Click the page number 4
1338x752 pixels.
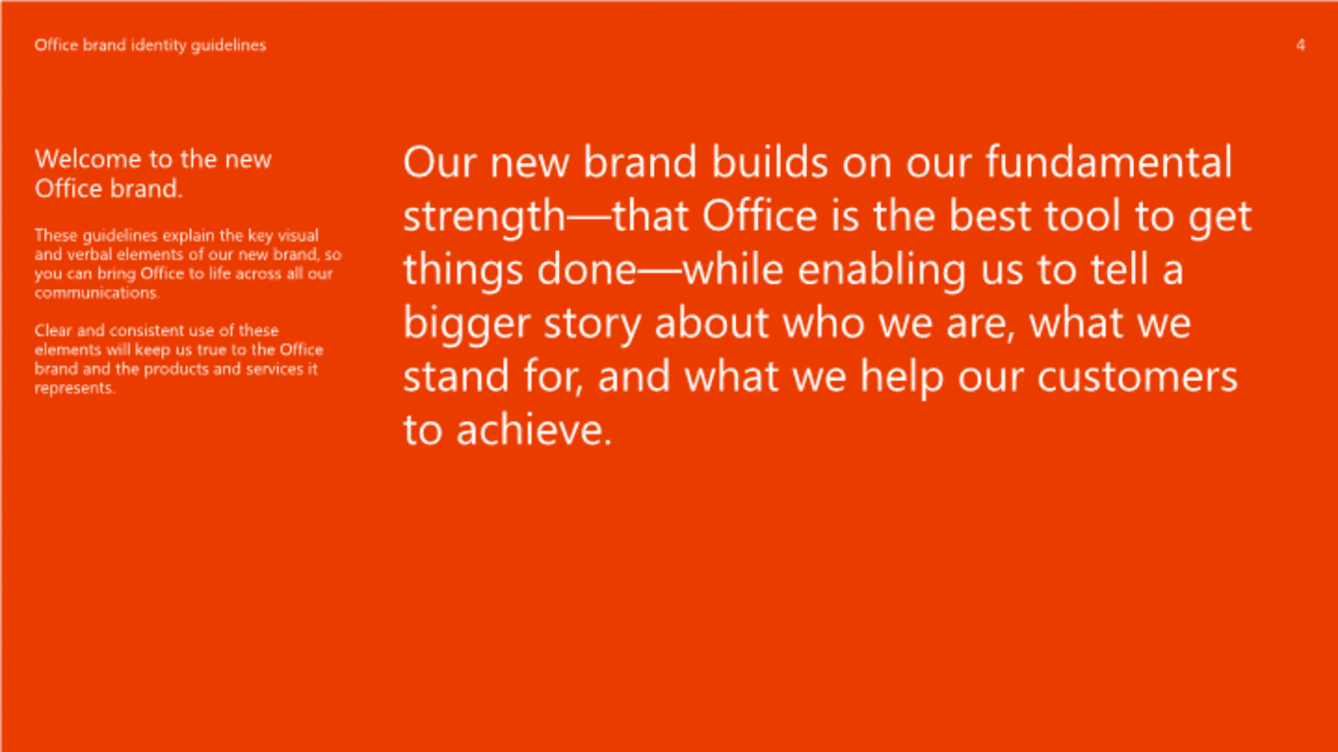[1300, 45]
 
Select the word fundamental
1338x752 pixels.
[1109, 162]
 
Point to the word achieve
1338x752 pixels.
[534, 430]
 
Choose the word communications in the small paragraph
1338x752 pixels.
[97, 293]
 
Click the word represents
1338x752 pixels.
[75, 389]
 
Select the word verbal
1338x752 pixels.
[89, 255]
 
